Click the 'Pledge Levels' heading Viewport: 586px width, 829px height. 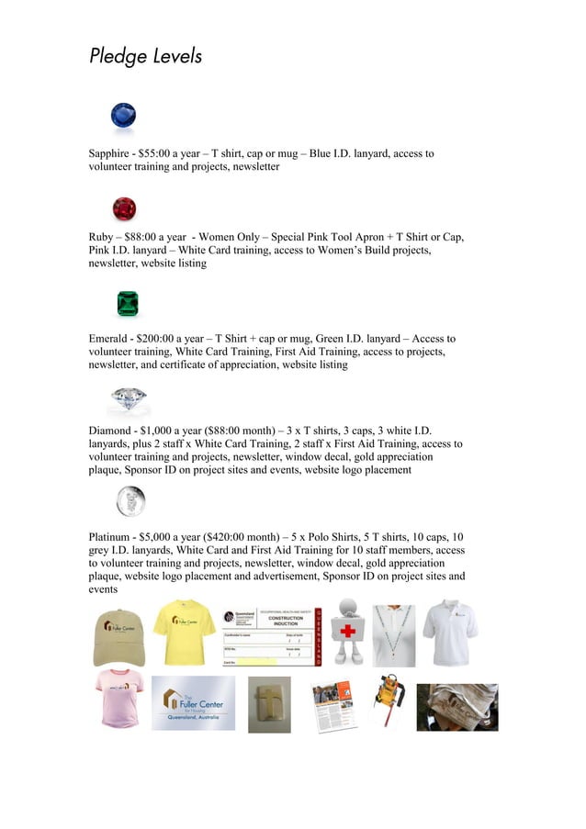145,57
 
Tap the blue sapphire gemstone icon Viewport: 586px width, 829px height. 123,116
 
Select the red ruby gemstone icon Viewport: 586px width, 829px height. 124,208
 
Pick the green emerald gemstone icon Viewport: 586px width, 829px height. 128,303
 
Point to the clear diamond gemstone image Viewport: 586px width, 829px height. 128,399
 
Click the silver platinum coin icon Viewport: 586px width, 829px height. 130,501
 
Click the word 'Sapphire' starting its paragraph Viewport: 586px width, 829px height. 111,154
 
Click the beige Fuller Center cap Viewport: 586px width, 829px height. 118,636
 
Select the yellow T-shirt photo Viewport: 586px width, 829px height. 184,632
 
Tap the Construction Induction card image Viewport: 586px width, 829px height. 272,635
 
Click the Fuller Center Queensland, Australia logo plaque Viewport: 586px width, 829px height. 193,703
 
